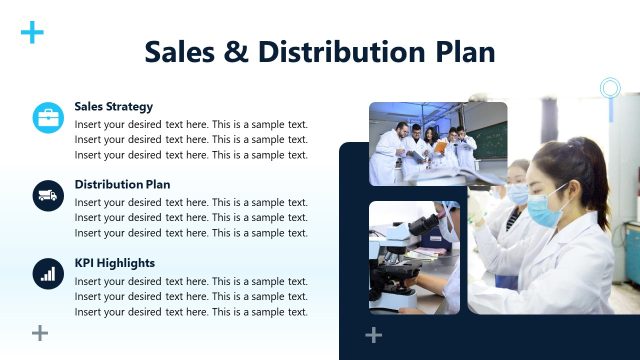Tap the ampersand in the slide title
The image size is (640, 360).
(x=236, y=51)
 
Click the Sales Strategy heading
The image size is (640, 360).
(x=113, y=106)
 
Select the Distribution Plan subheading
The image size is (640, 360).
(x=122, y=184)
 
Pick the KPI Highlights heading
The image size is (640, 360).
(x=114, y=263)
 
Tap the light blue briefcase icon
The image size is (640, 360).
(x=47, y=118)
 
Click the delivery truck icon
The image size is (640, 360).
(x=47, y=196)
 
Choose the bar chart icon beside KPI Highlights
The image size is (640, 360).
(x=47, y=274)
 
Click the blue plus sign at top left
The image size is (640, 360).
(x=32, y=33)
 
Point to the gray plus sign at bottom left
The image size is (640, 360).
(x=40, y=333)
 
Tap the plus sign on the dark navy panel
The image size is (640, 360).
(x=373, y=334)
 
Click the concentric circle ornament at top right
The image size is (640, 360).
(x=610, y=88)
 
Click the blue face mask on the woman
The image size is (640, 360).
(x=544, y=209)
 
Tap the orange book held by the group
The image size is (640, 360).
(x=441, y=146)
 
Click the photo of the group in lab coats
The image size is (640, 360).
(x=437, y=143)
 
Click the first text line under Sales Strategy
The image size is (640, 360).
(x=191, y=124)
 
